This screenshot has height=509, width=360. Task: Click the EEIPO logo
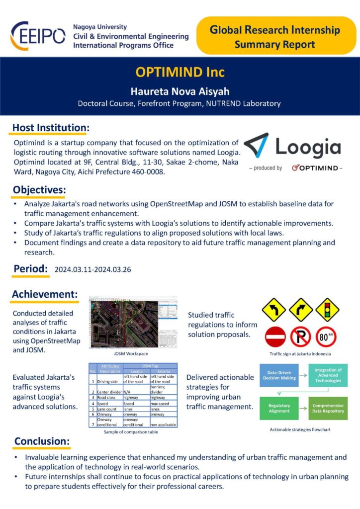(37, 35)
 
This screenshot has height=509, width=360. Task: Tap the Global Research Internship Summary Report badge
(274, 36)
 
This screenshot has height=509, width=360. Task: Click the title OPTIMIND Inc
(180, 72)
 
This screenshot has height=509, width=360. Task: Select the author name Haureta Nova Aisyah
(180, 91)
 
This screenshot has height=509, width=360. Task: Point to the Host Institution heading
(51, 128)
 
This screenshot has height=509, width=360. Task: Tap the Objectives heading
(39, 190)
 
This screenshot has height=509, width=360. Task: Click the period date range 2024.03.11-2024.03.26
(93, 269)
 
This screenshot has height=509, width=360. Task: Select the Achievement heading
(45, 295)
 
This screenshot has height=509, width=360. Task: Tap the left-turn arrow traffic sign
(273, 310)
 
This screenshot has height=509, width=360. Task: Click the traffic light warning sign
(327, 310)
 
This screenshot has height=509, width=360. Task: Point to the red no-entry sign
(274, 337)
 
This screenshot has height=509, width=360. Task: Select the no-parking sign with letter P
(300, 337)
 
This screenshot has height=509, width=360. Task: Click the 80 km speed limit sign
(327, 337)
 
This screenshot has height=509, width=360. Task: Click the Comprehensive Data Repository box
(328, 408)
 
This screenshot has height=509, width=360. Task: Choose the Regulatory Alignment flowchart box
(279, 409)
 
